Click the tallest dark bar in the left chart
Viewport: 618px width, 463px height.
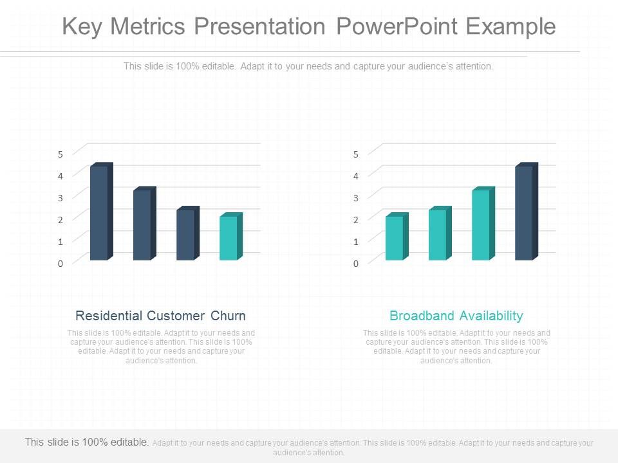click(99, 213)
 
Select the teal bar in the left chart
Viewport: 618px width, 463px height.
click(229, 237)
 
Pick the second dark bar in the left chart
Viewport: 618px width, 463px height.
click(142, 224)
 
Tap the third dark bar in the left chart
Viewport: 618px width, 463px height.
click(185, 234)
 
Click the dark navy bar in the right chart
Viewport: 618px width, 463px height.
click(524, 213)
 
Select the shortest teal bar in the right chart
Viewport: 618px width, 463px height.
click(395, 237)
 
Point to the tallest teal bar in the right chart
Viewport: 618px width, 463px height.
click(481, 224)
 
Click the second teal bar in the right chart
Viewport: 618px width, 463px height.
click(438, 234)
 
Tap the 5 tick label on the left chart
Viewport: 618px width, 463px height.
click(61, 154)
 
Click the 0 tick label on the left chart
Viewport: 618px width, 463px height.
click(61, 264)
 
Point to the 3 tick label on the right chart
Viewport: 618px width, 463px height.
click(355, 197)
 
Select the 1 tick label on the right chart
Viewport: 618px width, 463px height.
click(355, 241)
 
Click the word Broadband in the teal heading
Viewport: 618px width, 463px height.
click(417, 316)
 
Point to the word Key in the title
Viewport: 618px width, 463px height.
click(83, 26)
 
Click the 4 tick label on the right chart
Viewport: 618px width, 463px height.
click(355, 175)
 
